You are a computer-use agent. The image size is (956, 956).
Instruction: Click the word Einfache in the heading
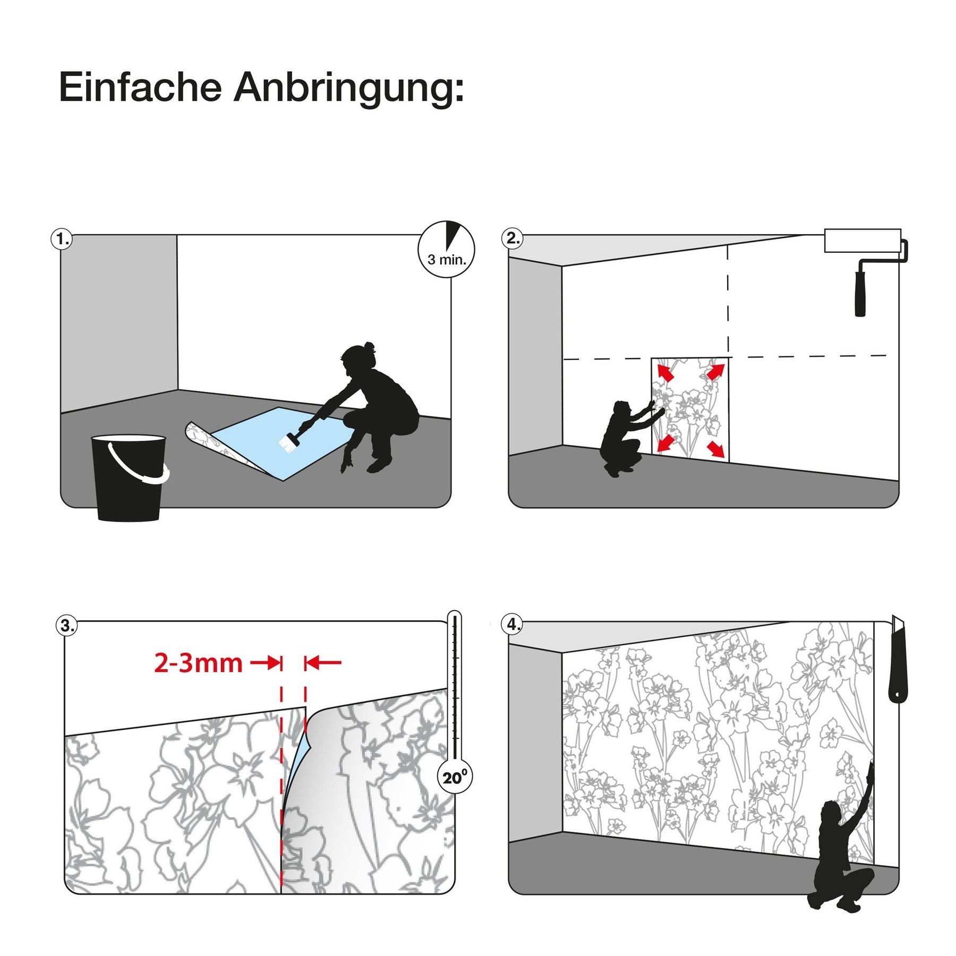pos(140,87)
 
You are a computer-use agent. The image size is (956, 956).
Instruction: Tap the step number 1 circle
pos(62,239)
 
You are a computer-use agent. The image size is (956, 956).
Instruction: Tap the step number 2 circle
pos(512,238)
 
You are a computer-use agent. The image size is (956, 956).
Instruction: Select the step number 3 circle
pos(66,625)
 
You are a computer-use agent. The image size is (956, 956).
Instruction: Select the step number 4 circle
pos(512,624)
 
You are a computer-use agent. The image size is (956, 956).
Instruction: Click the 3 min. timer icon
pos(446,249)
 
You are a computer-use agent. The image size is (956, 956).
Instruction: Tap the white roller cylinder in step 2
pos(863,241)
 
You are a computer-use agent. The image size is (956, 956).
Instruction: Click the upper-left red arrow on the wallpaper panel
pos(665,371)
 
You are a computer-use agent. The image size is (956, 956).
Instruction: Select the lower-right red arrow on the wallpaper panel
pos(716,449)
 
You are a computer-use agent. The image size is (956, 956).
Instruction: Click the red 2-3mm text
pos(198,663)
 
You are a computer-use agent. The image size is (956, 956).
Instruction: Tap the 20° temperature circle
pos(455,778)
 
